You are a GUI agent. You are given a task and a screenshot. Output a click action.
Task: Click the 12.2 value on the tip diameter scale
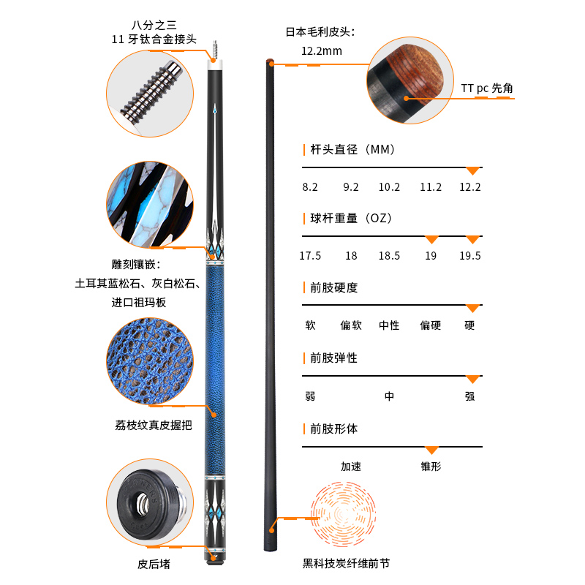coord(469,187)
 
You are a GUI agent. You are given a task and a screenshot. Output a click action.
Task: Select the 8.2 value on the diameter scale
coord(310,187)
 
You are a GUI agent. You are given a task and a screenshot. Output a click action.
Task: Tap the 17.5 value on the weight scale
coord(310,256)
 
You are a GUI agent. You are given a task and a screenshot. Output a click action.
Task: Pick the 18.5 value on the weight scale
coord(389,256)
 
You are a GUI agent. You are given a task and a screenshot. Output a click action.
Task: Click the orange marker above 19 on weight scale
coord(431,240)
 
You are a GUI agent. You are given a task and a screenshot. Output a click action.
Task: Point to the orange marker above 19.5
coord(472,240)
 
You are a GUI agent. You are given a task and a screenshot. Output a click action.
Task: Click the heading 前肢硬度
coord(334,287)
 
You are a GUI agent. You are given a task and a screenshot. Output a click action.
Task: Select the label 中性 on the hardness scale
coord(389,325)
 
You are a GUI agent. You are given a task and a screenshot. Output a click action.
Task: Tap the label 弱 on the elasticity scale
coord(310,396)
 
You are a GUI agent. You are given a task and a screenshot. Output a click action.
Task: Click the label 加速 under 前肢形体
coord(351,467)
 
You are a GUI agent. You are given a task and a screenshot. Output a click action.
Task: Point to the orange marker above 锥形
coord(431,450)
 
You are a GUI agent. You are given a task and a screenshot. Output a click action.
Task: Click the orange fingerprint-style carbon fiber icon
coord(343,514)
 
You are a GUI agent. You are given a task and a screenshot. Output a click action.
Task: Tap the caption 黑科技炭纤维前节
coord(346,563)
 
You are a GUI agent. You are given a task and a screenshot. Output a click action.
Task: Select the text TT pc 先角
coord(487,88)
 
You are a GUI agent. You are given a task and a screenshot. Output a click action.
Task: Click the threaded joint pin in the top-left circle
coord(152,91)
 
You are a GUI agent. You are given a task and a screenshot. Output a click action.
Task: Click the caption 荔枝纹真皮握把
coord(154,426)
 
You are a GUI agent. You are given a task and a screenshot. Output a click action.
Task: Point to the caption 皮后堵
coord(154,564)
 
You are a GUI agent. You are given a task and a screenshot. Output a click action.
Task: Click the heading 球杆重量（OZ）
coord(351,218)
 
